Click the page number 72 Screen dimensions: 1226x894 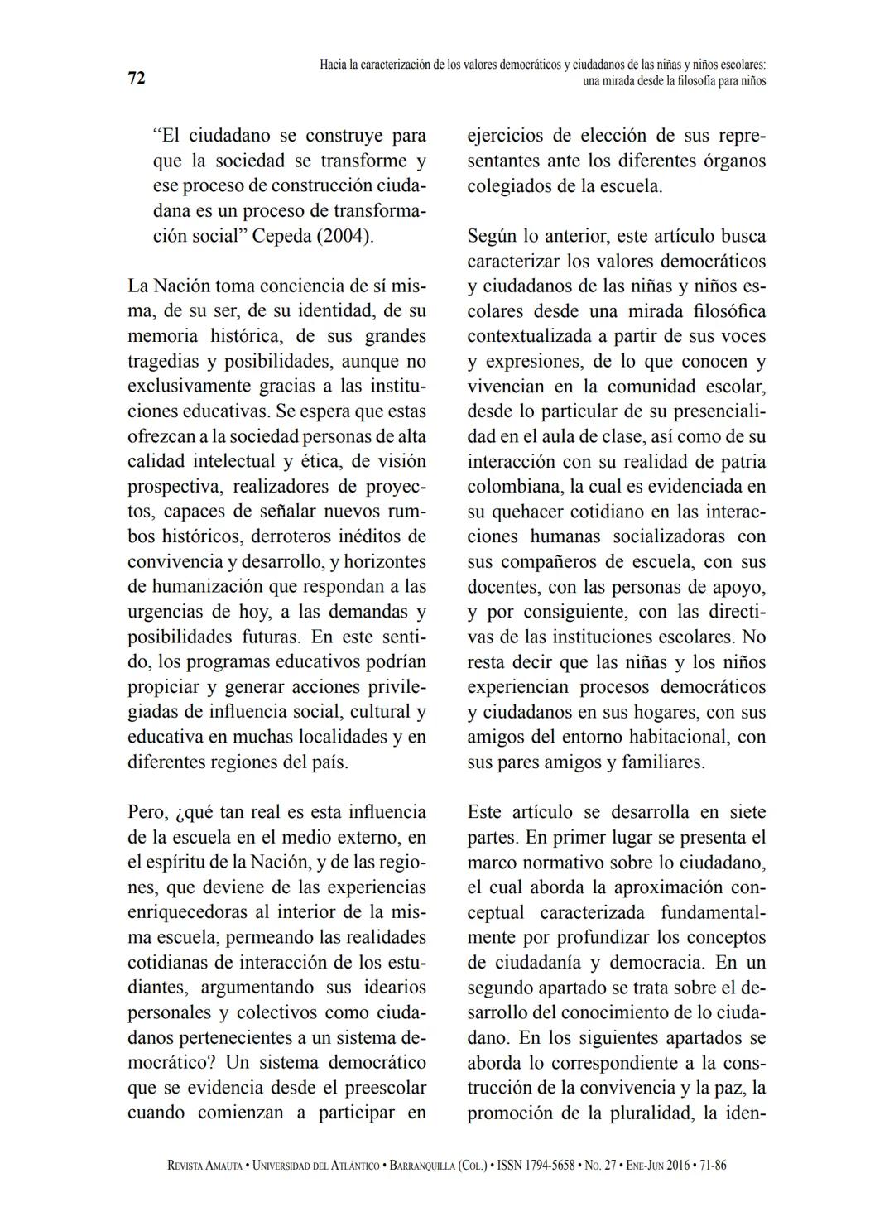pos(137,78)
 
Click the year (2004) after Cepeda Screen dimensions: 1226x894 pos(344,236)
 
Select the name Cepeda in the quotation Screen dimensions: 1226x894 pos(281,236)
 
